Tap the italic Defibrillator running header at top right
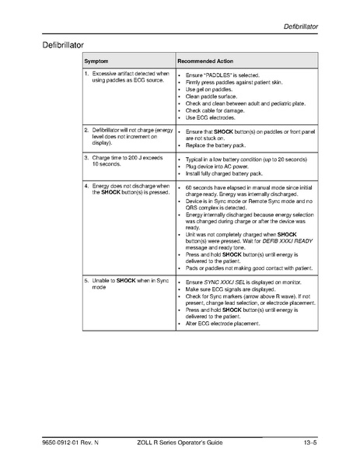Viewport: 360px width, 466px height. (301, 28)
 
